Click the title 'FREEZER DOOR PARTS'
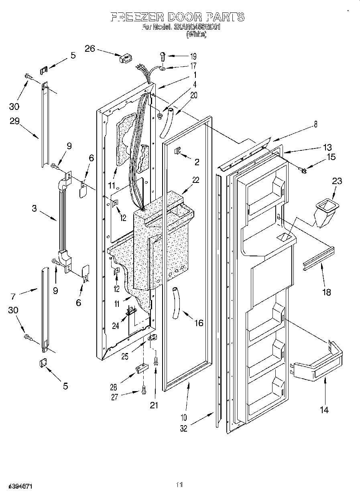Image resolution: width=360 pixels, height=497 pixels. point(177,17)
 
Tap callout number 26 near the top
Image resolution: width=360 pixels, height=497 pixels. point(90,49)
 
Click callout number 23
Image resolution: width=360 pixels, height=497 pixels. point(337,181)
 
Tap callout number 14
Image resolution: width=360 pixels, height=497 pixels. point(324,410)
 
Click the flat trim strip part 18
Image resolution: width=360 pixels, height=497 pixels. point(319,259)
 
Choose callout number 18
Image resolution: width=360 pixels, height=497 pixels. point(327,292)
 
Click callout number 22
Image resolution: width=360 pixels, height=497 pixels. point(195,180)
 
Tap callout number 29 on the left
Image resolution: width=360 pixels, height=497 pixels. point(15,121)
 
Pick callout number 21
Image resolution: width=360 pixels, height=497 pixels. point(154,405)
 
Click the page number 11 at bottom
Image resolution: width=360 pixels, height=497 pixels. point(179,485)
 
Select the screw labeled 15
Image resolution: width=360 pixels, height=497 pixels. point(304,171)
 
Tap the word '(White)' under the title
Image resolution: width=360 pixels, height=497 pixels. point(196,35)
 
